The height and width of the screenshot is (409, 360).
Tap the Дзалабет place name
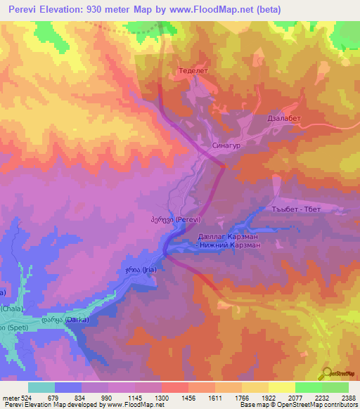[x=284, y=119]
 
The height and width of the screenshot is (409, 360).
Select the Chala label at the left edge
[x=11, y=308]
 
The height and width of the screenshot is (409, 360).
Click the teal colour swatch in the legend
[x=41, y=387]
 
